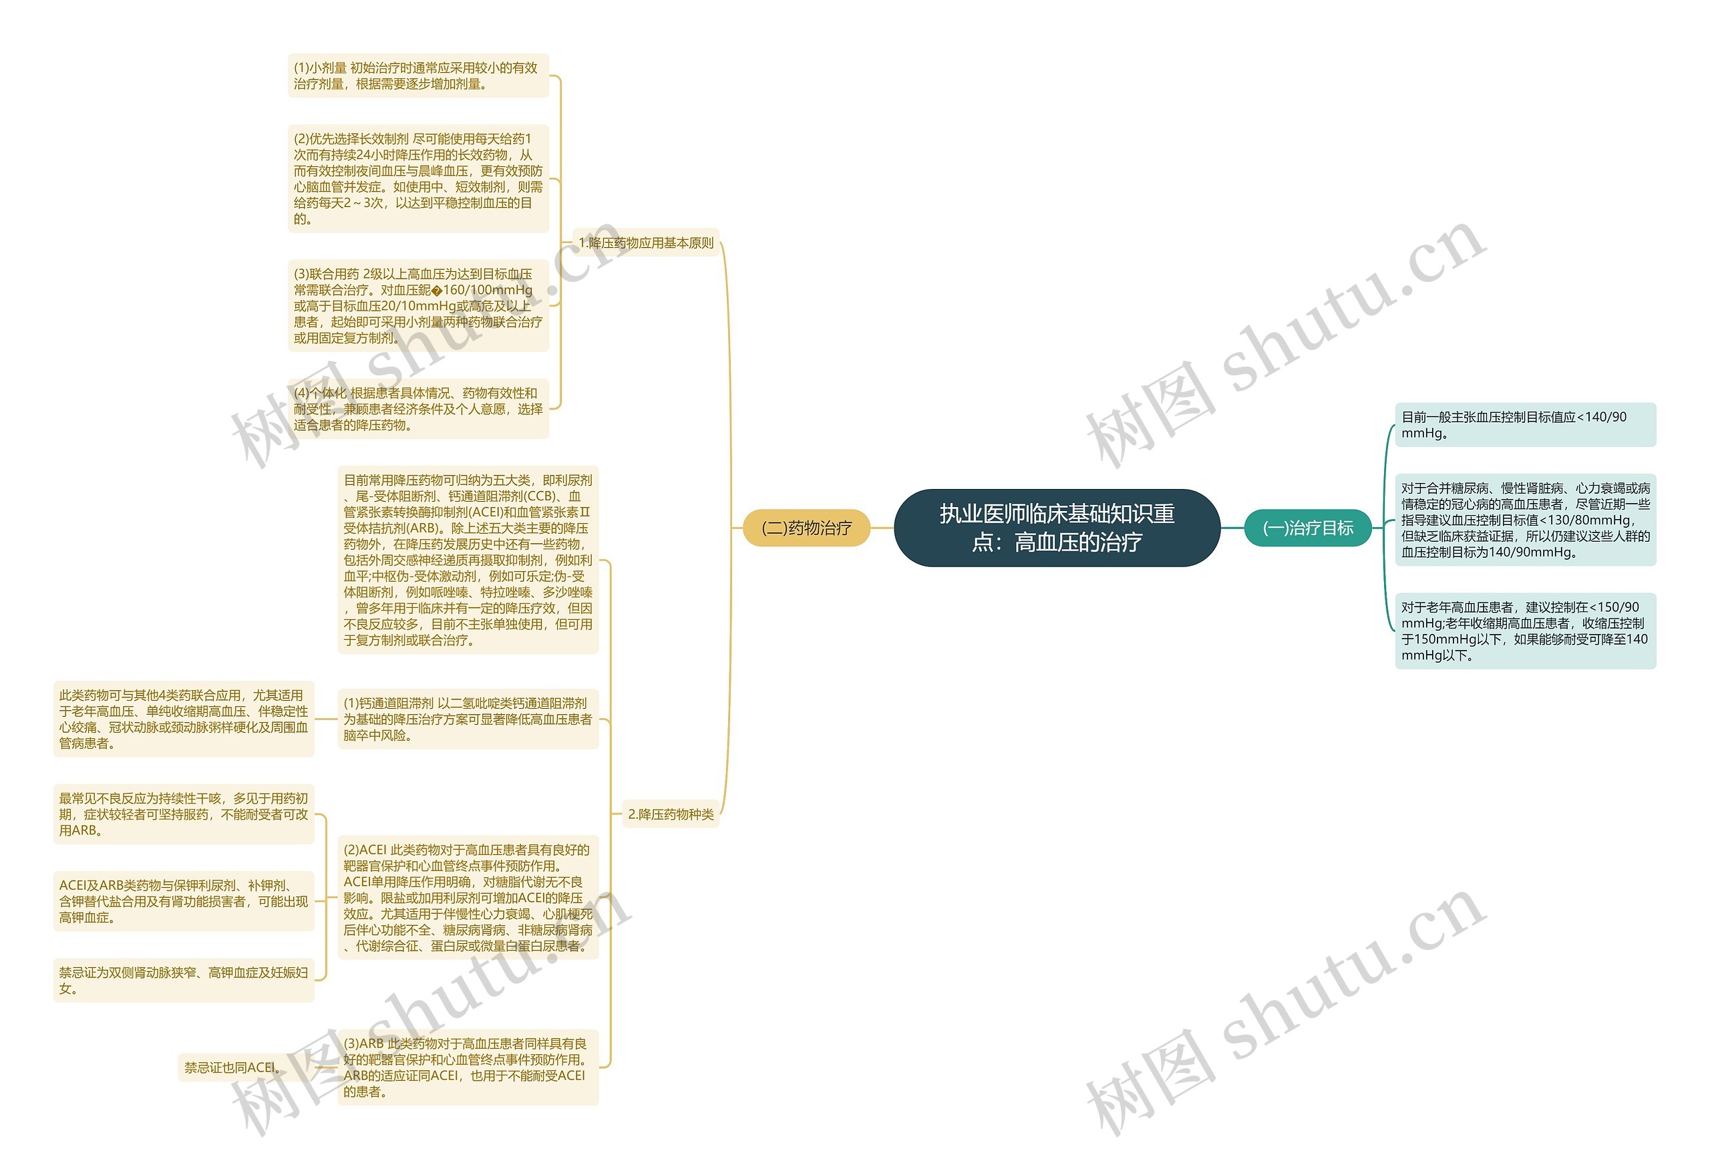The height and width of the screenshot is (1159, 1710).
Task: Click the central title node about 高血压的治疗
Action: pos(1056,528)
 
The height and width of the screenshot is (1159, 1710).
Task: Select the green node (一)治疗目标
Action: pos(1307,528)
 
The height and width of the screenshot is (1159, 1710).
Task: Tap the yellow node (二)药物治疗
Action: pos(806,528)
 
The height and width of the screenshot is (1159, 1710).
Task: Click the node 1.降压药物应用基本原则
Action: pos(645,243)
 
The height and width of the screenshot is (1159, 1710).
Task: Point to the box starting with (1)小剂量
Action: pos(417,75)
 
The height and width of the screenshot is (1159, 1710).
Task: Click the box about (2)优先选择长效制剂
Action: pos(417,179)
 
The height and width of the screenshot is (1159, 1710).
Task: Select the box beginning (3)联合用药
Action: pos(417,305)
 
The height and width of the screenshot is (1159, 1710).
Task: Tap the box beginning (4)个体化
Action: pos(417,408)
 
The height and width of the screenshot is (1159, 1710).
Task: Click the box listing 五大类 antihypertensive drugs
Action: pos(468,560)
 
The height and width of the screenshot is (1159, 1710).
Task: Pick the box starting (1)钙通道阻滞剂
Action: pos(468,719)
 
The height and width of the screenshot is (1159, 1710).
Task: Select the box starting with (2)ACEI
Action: pos(468,897)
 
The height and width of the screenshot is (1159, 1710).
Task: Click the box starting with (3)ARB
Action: pos(468,1067)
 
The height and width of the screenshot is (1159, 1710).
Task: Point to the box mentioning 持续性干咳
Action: pos(183,814)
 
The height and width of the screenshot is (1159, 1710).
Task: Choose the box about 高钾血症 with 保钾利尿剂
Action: pos(183,900)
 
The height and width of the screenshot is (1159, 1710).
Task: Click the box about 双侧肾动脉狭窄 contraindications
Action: pos(183,980)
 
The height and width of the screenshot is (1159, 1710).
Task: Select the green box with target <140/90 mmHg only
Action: pos(1524,425)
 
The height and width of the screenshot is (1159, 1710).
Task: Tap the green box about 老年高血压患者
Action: pos(1524,631)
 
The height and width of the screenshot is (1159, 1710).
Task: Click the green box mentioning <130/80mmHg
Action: pos(1524,520)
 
